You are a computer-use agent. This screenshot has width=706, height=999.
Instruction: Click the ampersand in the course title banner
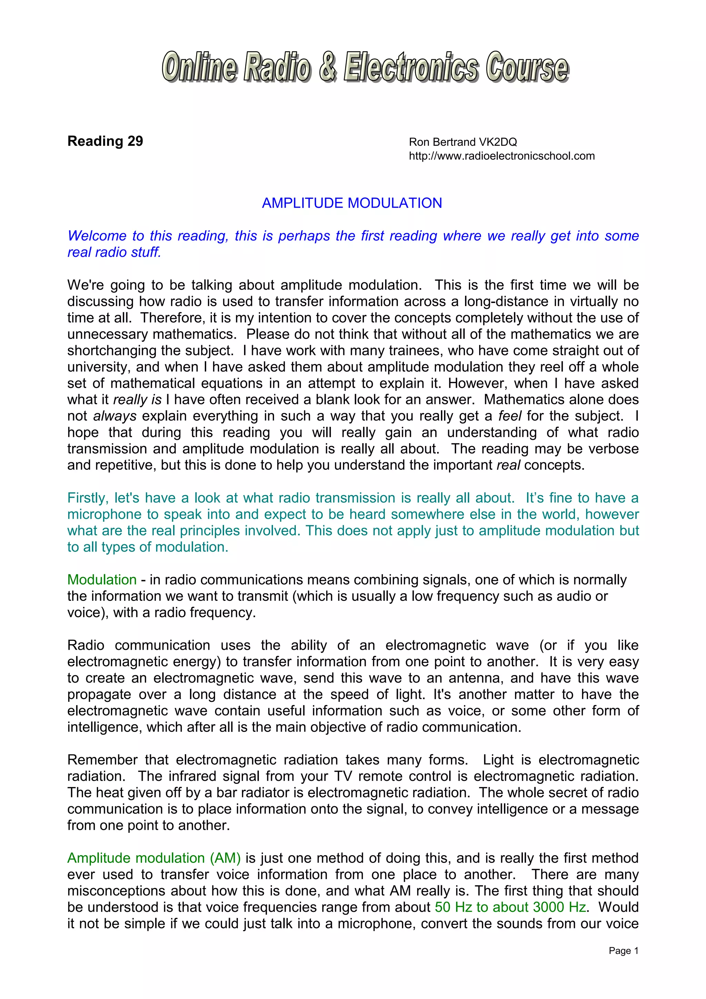tap(327, 68)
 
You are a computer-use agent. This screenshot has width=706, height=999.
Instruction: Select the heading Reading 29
tap(105, 141)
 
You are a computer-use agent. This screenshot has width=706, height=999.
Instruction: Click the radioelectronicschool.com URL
tap(502, 156)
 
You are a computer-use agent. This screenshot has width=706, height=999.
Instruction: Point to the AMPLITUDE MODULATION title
tap(352, 203)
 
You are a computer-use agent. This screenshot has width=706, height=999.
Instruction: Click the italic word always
tap(115, 416)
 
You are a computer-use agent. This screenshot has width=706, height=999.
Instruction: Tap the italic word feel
tap(510, 416)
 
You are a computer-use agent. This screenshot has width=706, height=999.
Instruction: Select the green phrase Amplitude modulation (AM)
tap(154, 858)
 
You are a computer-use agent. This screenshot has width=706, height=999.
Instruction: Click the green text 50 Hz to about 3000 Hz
tap(511, 907)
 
